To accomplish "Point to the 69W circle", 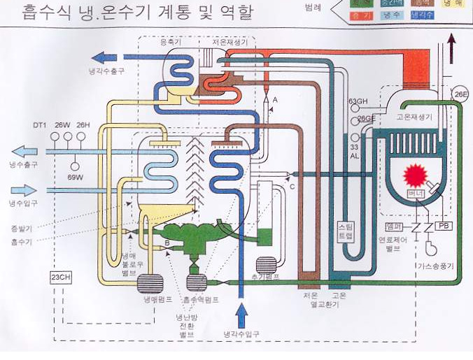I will click(75, 168).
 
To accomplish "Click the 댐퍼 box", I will click(394, 226).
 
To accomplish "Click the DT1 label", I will click(39, 126).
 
